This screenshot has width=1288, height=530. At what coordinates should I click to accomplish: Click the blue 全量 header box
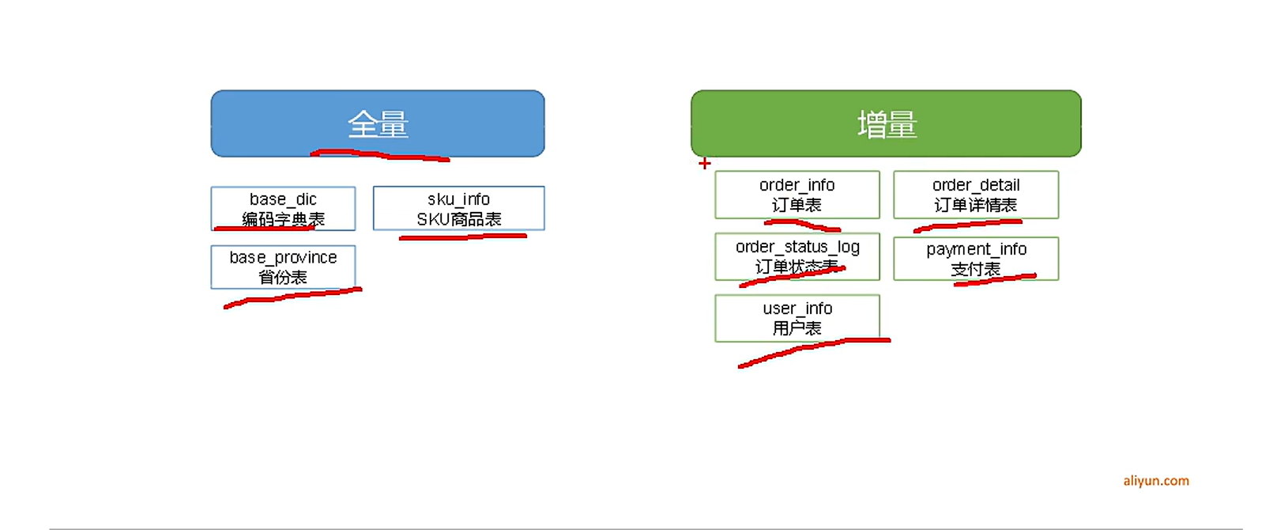[377, 123]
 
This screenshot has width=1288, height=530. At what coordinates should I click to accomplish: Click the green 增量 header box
[886, 123]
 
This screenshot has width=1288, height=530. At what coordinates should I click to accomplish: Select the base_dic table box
[283, 208]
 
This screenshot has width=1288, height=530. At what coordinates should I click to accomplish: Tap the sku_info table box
[458, 208]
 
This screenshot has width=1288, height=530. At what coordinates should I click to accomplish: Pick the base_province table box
[283, 267]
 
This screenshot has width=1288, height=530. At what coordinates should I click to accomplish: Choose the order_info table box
[797, 195]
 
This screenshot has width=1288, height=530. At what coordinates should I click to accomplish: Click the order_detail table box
[976, 195]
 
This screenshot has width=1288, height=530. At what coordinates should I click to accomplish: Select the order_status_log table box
[797, 256]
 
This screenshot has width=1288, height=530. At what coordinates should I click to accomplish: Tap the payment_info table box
[976, 259]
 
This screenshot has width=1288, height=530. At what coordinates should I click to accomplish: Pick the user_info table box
[797, 318]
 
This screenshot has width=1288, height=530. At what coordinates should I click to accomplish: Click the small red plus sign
[705, 164]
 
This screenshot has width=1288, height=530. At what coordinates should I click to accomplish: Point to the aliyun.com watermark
[1156, 481]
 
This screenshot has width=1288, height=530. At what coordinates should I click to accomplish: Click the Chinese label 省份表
[283, 277]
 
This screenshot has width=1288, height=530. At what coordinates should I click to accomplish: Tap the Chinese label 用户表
[797, 328]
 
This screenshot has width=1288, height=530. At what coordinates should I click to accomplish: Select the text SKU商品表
[458, 219]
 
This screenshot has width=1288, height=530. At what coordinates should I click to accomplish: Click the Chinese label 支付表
[976, 269]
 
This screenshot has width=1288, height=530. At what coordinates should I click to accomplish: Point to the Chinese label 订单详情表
[976, 205]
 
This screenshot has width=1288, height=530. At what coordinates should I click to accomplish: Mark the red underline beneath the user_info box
[814, 351]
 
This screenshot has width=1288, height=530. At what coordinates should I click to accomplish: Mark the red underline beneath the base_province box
[292, 297]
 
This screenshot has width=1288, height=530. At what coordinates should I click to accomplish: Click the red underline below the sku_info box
[463, 237]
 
